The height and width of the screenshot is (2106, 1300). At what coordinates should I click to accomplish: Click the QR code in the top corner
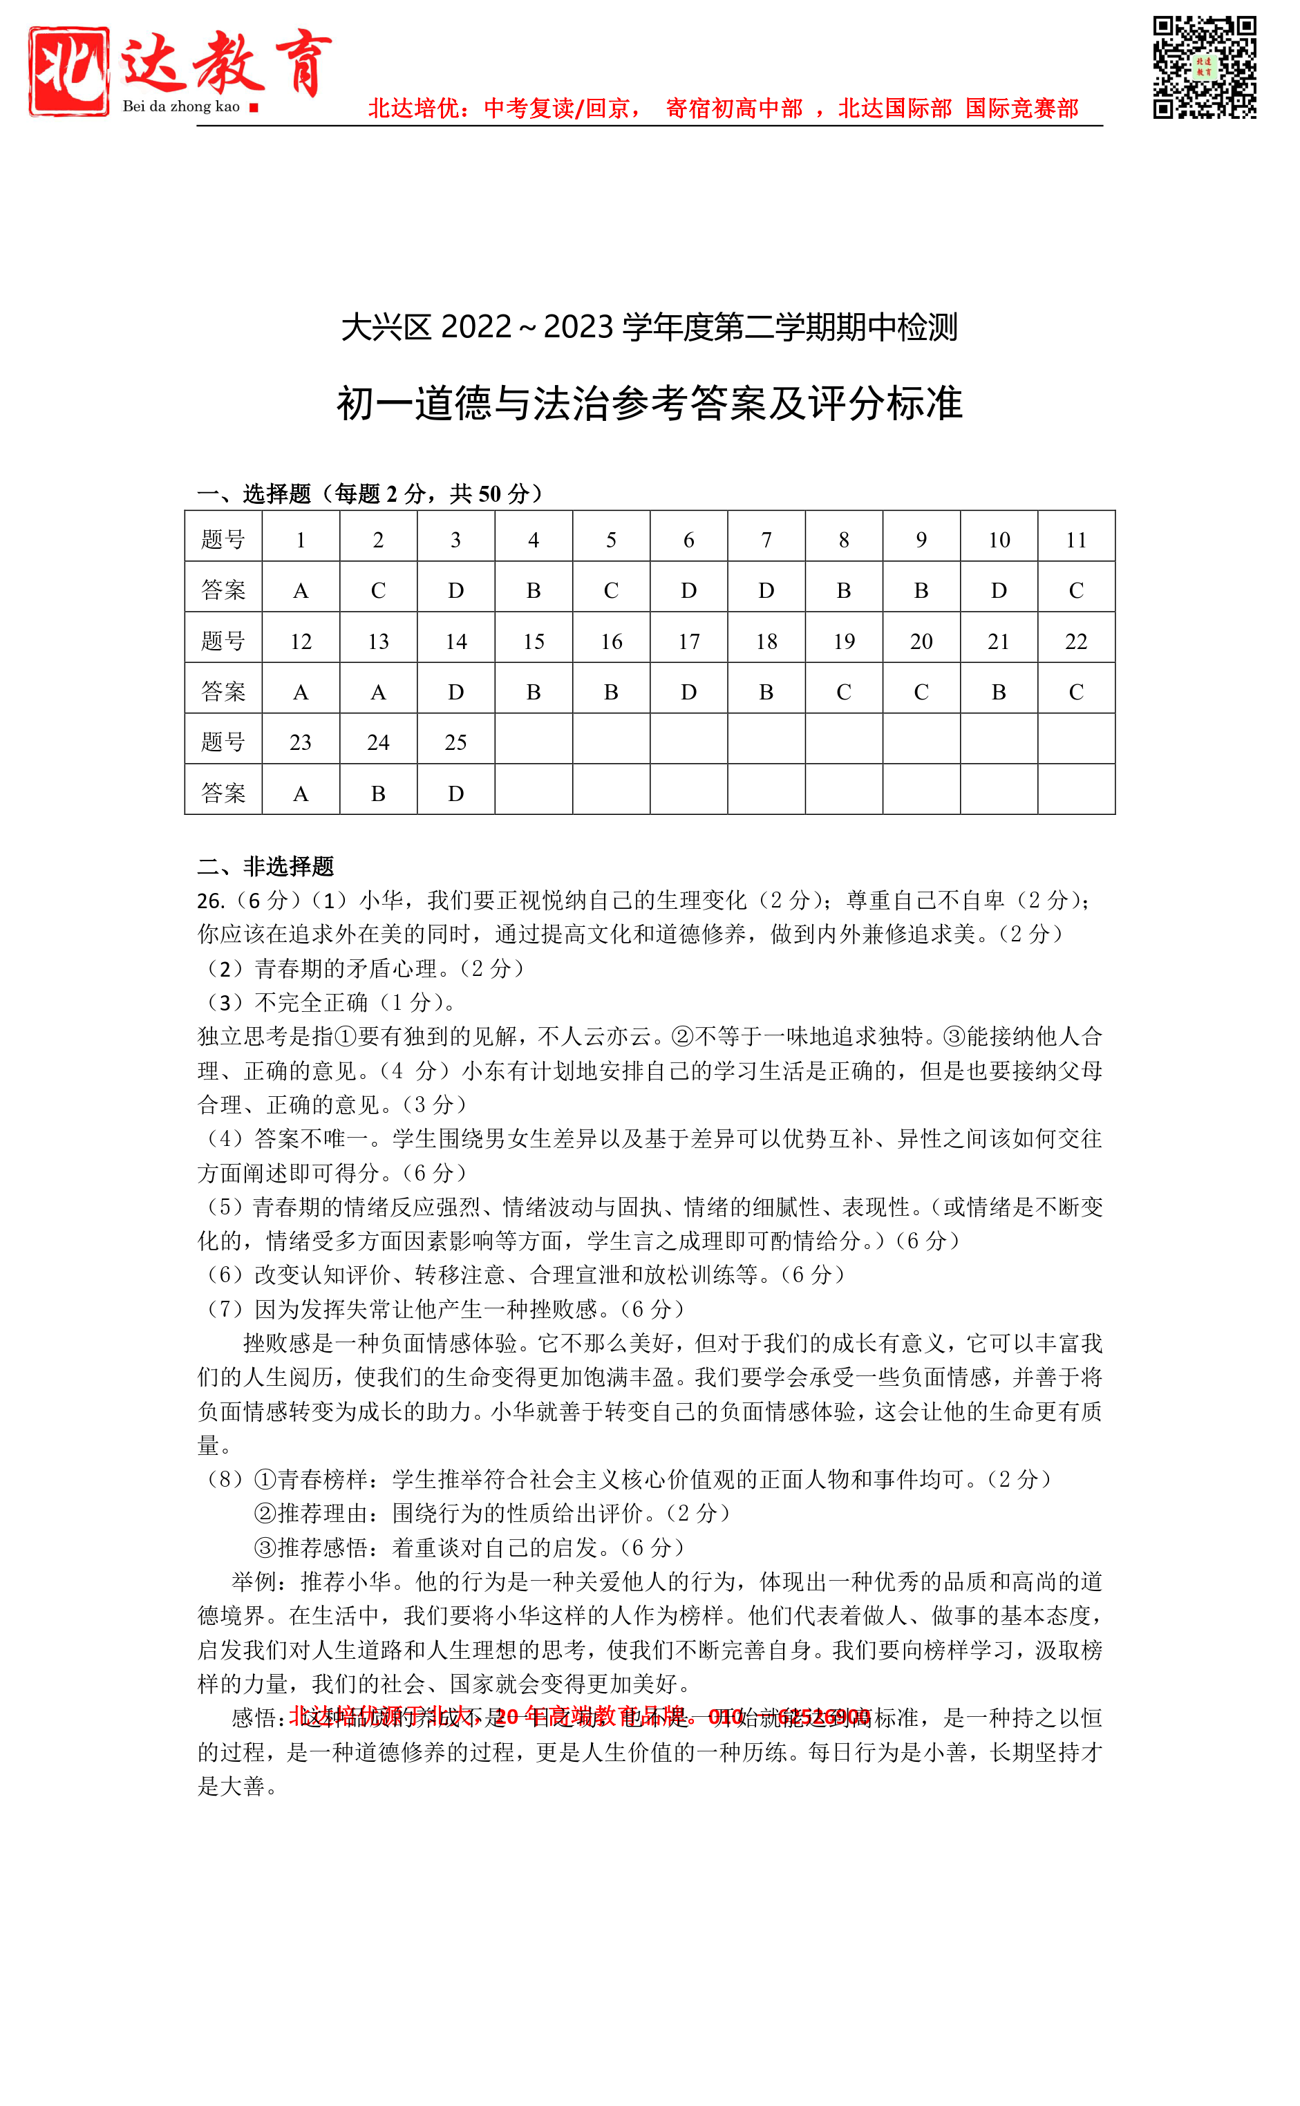1204,67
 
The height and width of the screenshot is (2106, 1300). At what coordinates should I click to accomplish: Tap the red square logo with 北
69,70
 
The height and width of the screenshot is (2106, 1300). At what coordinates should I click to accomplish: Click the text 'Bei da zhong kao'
180,106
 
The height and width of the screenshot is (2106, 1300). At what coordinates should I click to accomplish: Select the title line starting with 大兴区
649,328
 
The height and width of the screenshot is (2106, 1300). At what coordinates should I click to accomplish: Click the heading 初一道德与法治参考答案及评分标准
649,403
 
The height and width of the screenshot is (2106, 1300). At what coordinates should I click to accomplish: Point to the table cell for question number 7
766,540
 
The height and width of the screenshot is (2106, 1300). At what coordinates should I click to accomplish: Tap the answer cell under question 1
301,590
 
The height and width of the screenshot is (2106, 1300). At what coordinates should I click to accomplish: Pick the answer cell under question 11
1075,590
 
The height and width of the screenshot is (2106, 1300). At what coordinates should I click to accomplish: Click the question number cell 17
688,641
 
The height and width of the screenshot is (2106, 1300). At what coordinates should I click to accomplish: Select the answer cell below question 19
843,692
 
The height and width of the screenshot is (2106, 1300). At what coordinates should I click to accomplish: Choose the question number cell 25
455,743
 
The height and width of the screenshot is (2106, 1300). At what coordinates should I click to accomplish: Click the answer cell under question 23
301,793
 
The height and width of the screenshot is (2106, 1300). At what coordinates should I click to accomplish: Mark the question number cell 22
1075,641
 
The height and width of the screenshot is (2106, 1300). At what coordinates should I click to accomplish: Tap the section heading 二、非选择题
265,865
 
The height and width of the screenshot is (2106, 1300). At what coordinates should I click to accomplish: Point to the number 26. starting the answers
211,901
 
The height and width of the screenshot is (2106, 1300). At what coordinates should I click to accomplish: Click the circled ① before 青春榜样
265,1479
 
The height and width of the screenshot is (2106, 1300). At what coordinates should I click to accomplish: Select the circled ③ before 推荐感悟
265,1548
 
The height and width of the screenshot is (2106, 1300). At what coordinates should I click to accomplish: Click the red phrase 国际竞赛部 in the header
1021,109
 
